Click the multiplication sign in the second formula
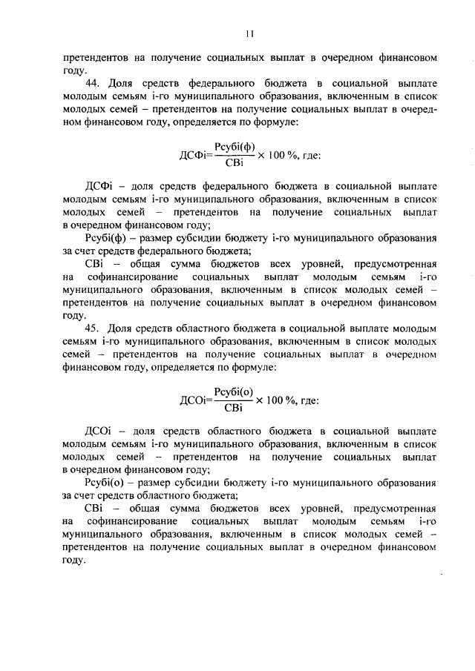point(261,400)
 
